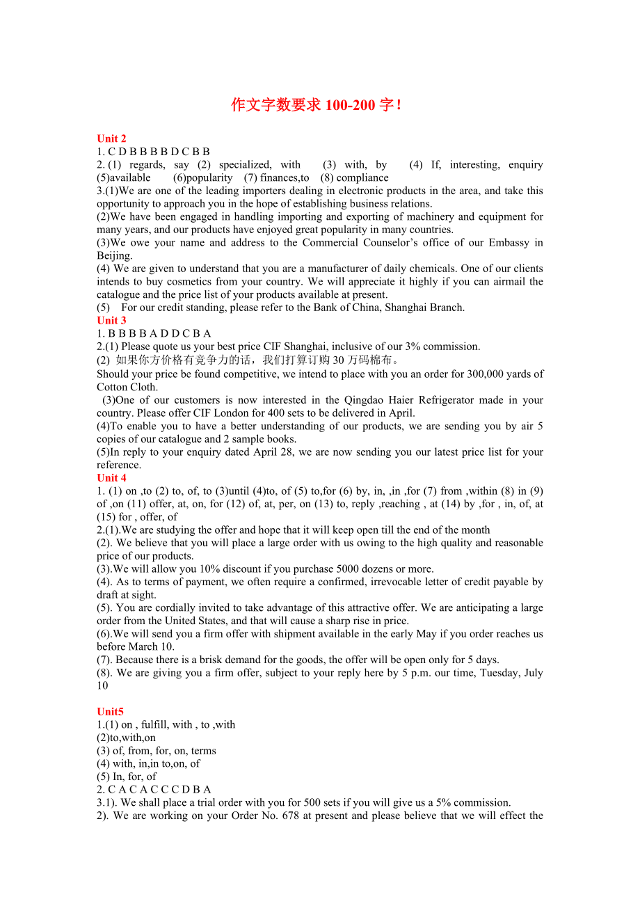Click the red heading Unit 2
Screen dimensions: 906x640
pos(111,138)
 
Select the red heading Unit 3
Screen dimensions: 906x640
pos(111,320)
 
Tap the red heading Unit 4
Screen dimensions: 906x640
pos(111,477)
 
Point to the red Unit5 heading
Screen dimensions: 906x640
pos(110,711)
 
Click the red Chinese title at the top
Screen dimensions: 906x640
pos(317,105)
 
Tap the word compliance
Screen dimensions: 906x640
pos(362,177)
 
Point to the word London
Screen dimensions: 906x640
pos(209,413)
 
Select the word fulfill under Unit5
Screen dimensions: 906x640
pos(156,724)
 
